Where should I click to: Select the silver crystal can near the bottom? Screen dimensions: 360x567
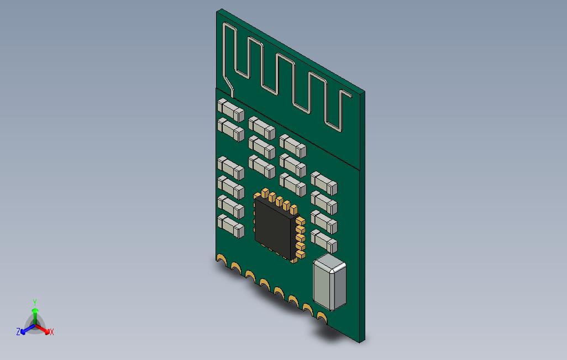[329, 283]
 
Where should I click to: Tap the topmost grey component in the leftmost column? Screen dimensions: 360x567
[230, 110]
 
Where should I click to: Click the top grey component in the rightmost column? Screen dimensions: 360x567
[324, 183]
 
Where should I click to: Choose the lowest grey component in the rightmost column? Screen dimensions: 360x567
[324, 241]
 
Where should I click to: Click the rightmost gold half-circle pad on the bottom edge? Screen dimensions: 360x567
[321, 316]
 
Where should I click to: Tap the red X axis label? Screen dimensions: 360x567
[52, 332]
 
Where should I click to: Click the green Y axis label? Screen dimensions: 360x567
[35, 302]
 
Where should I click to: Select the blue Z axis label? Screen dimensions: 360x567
[18, 332]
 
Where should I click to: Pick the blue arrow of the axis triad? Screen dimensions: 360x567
[25, 330]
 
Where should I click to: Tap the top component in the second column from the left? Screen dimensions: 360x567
[261, 128]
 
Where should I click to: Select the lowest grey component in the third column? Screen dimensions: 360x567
[293, 184]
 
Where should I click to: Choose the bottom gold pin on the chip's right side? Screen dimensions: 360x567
[301, 255]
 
